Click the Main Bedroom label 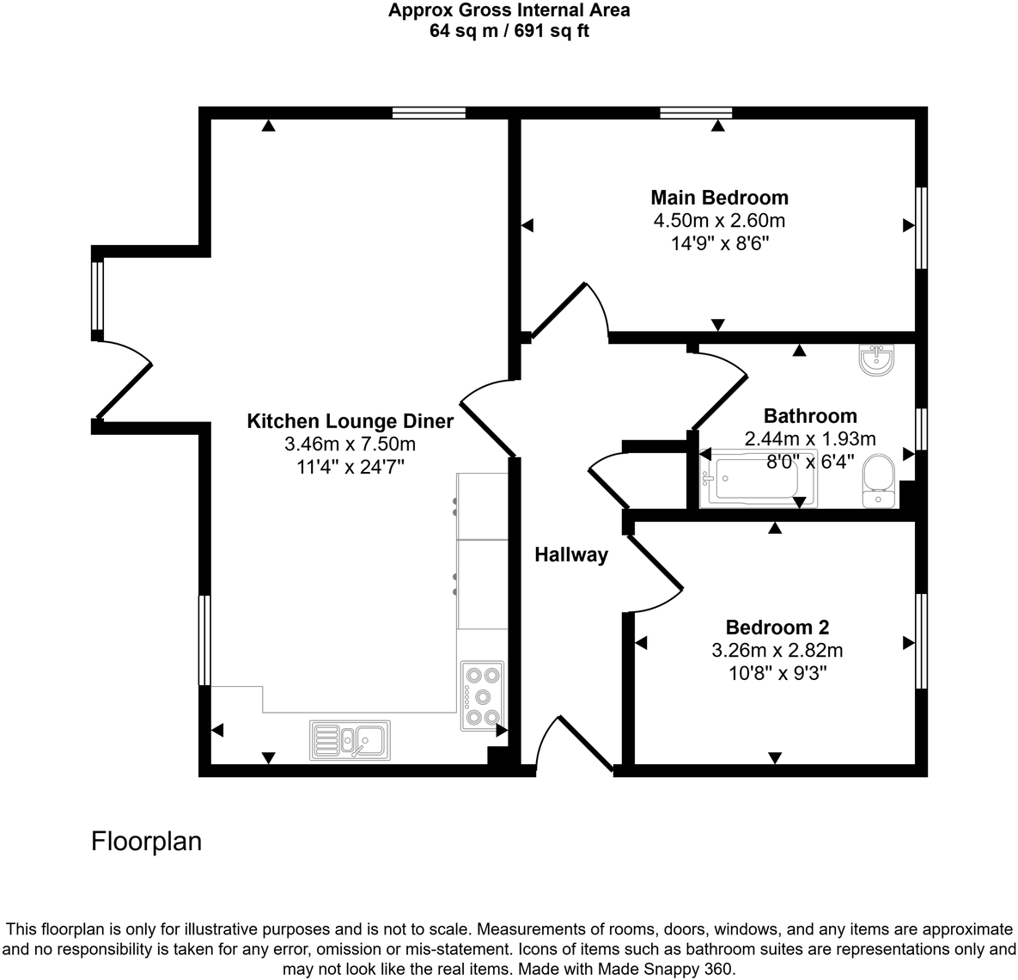719,198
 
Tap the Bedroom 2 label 777,628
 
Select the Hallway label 571,555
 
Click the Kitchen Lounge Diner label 350,421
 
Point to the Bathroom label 810,416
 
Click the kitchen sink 350,739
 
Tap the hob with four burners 481,695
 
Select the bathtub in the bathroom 758,480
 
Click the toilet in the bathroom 878,480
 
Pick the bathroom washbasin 876,360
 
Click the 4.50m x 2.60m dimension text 719,221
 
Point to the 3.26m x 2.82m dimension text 777,651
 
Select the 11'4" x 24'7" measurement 350,467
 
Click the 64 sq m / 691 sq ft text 509,32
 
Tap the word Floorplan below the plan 146,841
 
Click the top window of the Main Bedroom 696,113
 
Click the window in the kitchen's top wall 429,113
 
